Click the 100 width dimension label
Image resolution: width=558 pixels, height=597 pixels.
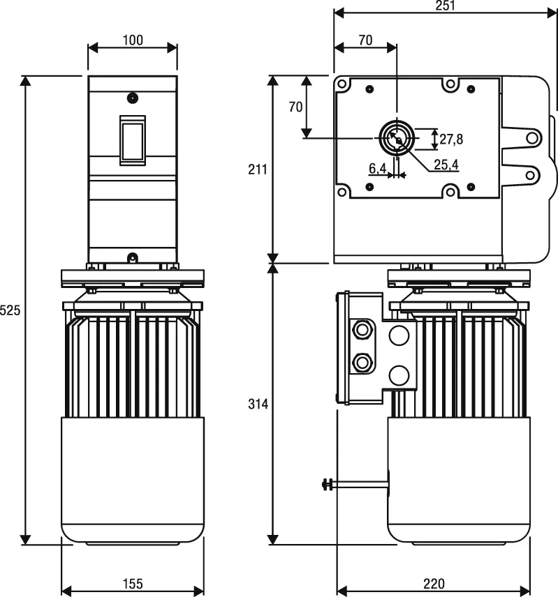[x=132, y=40]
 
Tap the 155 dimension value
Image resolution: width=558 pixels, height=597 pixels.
[x=133, y=583]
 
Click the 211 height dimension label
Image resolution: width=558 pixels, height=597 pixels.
[x=257, y=169]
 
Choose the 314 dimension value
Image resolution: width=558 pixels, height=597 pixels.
[x=257, y=404]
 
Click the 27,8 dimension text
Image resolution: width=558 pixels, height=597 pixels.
[x=451, y=139]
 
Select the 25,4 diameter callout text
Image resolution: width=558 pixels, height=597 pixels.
[x=446, y=165]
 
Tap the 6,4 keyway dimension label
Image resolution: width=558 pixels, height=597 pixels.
[x=377, y=168]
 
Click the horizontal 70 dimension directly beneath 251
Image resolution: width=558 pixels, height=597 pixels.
[x=365, y=40]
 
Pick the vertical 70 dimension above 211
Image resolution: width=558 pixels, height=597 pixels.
[x=295, y=107]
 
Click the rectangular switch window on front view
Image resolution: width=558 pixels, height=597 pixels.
[x=132, y=140]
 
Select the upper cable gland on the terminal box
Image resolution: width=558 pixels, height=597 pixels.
[x=362, y=329]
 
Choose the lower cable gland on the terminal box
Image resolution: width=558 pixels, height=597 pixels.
[x=362, y=362]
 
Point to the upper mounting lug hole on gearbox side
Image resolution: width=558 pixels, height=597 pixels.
[x=532, y=137]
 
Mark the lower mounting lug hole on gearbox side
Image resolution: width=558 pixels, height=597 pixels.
[x=532, y=175]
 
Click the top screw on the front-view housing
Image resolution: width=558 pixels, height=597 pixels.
[x=132, y=96]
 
